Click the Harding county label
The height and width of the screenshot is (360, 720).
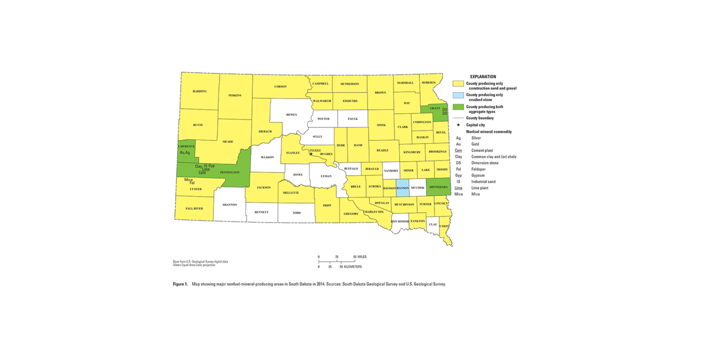[x=199, y=91]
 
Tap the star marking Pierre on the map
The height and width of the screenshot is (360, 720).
[x=311, y=154]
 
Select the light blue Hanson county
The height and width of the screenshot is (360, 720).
[x=403, y=188]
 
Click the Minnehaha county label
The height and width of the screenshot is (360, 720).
[x=438, y=187]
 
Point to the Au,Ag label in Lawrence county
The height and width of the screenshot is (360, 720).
[x=185, y=153]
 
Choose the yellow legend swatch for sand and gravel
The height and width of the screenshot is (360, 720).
[x=458, y=84]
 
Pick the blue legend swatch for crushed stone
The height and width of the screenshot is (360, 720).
[x=458, y=95]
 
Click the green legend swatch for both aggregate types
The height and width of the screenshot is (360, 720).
[x=458, y=107]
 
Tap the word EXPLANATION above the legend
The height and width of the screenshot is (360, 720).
[x=483, y=77]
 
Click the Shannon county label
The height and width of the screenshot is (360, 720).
[x=230, y=205]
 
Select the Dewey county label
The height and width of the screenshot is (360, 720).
[x=292, y=114]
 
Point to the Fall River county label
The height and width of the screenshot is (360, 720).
[x=194, y=208]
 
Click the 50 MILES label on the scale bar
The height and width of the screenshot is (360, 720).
[x=361, y=257]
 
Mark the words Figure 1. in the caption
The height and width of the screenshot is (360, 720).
[x=180, y=284]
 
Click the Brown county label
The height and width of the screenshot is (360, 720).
[x=380, y=93]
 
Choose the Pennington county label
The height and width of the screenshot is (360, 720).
[x=230, y=172]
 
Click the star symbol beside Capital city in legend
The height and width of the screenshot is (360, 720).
[x=458, y=125]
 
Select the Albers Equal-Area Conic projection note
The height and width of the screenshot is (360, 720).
[x=194, y=265]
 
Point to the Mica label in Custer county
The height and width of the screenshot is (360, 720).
[x=188, y=179]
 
